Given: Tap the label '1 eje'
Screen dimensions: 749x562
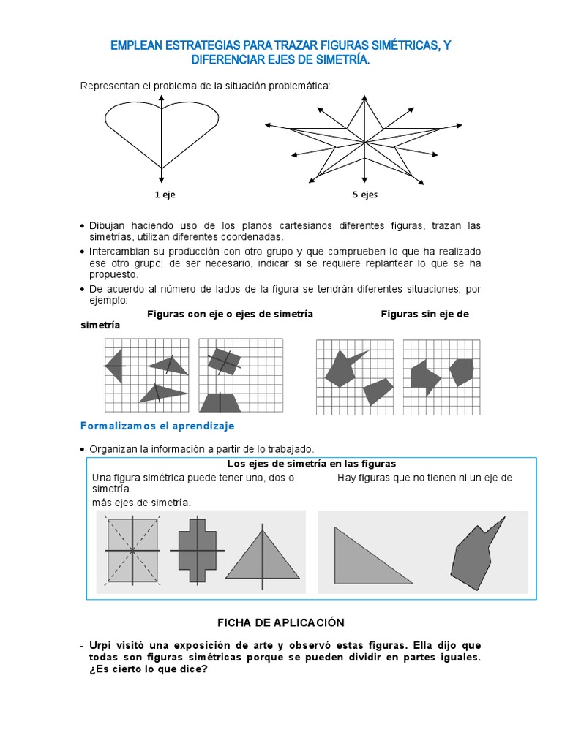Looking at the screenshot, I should click(165, 195).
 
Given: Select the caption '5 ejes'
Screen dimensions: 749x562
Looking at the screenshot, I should click(364, 195).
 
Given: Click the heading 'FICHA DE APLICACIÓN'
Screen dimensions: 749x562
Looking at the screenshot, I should click(280, 622).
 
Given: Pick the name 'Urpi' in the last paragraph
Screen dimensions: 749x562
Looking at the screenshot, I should click(102, 646).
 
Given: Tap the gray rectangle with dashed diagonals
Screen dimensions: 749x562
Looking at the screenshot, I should click(132, 550).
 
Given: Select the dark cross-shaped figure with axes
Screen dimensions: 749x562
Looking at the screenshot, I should click(197, 550).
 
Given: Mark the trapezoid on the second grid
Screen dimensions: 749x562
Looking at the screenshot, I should click(220, 402).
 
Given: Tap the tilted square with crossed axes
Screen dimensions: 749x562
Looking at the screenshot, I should click(222, 361).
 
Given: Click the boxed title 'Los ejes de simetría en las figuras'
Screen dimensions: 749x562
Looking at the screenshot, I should click(311, 464).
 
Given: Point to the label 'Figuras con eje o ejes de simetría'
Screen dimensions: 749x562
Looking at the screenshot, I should click(230, 314).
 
